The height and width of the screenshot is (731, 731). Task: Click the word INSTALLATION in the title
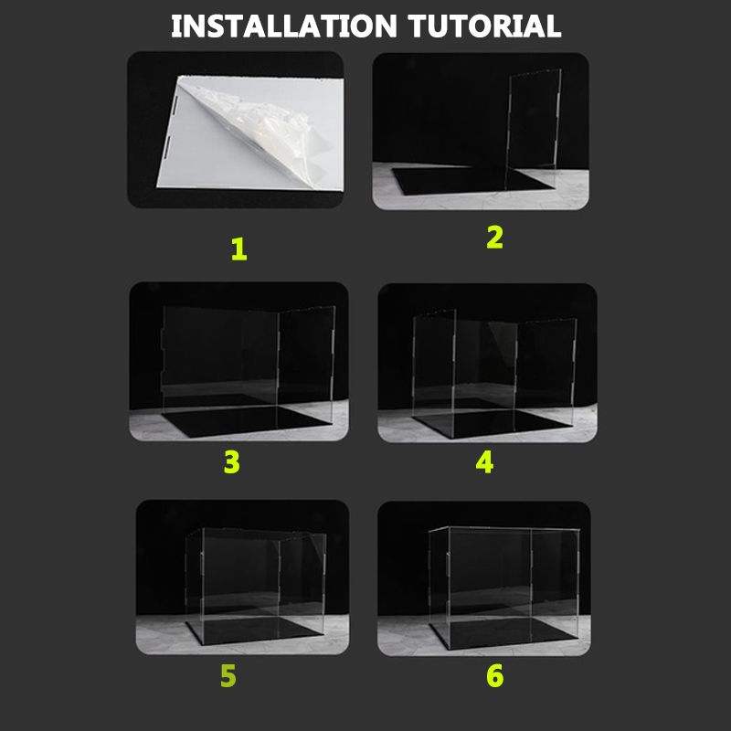[x=284, y=26]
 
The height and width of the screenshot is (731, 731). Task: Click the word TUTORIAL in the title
[x=484, y=26]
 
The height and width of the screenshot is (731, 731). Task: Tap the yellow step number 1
[x=239, y=249]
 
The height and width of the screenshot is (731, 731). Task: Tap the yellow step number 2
[x=494, y=238]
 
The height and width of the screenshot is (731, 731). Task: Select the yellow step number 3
[x=232, y=462]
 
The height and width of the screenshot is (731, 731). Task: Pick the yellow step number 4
[x=484, y=462]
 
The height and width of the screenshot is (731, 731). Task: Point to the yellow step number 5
[x=228, y=676]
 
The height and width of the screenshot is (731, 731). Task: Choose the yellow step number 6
[x=494, y=676]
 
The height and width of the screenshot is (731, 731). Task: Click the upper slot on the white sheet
[x=175, y=106]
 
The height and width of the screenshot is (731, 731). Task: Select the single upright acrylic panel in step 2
[x=534, y=129]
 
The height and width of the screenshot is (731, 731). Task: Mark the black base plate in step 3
[x=246, y=420]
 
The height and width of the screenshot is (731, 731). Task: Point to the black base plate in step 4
[x=493, y=423]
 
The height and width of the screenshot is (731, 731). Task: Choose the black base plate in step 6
[x=503, y=633]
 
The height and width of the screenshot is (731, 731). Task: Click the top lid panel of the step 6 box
[x=504, y=529]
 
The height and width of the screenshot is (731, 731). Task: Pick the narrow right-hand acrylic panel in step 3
[x=305, y=366]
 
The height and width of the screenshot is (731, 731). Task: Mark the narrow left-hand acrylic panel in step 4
[x=433, y=373]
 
